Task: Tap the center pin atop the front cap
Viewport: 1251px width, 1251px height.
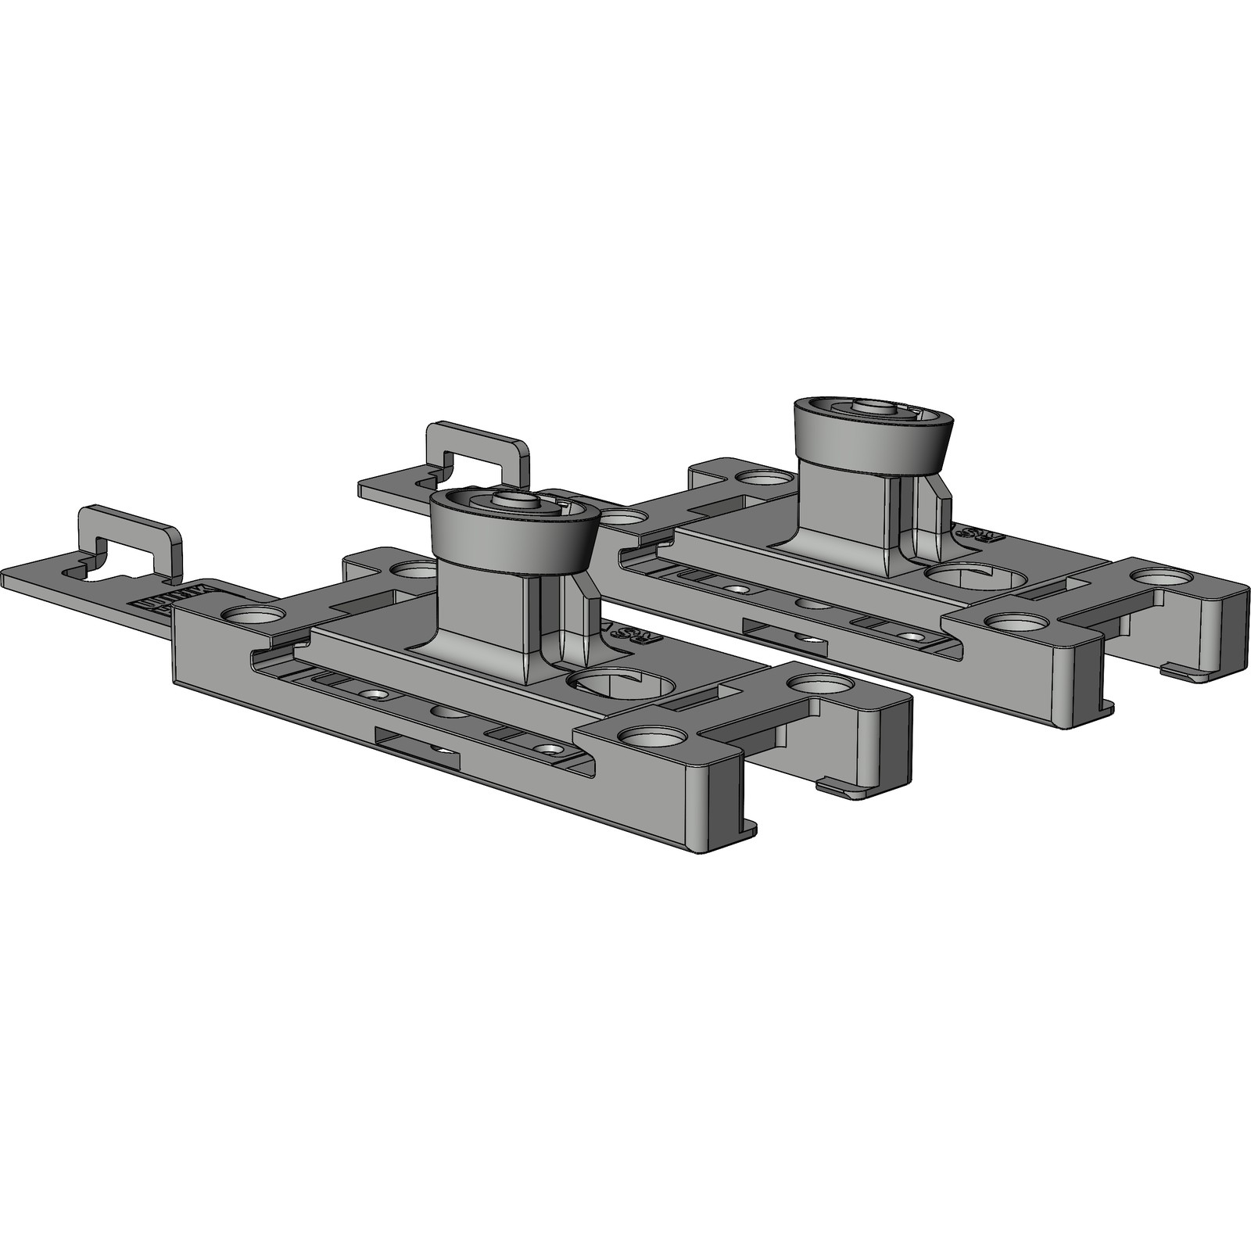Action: pos(513,501)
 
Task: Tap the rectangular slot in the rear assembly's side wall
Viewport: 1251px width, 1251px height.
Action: pos(782,633)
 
